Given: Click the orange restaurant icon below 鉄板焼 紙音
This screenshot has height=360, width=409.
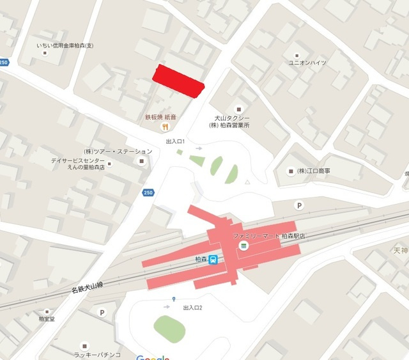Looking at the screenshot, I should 164,127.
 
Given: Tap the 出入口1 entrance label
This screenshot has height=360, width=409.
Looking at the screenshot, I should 174,141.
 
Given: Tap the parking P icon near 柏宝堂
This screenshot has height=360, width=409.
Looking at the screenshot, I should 102,312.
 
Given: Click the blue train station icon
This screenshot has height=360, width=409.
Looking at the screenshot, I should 213,259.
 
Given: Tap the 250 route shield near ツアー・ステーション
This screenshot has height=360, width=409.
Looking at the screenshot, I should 148,192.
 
